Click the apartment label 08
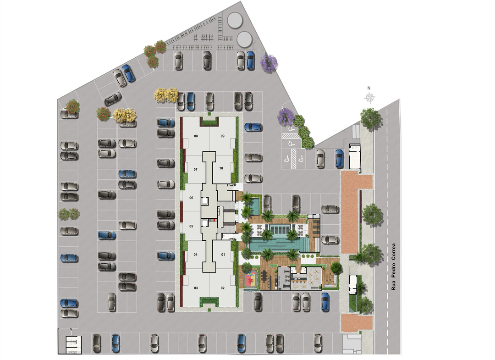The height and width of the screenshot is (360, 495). [196, 136]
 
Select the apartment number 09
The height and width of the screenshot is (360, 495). [223, 136]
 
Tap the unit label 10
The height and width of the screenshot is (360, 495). [221, 168]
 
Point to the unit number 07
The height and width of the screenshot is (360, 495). [195, 170]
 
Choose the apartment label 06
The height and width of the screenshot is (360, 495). [191, 198]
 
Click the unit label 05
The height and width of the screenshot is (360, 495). [191, 227]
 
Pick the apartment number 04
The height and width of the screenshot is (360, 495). [195, 255]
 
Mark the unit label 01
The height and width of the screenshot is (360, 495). [223, 255]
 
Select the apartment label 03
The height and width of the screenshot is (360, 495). [196, 288]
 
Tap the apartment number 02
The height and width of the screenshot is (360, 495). [223, 288]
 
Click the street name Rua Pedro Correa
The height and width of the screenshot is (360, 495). [393, 267]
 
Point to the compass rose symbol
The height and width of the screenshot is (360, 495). [370, 98]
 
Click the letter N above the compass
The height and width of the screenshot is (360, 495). [368, 88]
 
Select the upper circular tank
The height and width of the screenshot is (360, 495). [235, 20]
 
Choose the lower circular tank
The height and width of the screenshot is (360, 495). [244, 39]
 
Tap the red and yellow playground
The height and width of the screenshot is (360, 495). [251, 279]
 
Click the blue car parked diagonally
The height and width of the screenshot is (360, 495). [128, 73]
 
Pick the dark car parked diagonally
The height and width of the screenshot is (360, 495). [113, 99]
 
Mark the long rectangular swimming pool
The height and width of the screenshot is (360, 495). [278, 244]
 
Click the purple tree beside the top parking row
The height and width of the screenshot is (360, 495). [269, 63]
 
